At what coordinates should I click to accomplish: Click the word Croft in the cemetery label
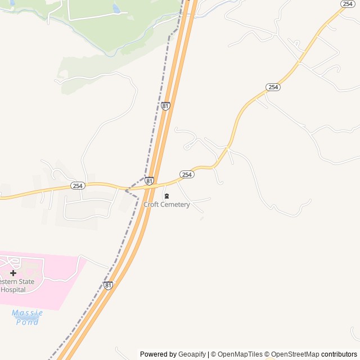click(x=151, y=205)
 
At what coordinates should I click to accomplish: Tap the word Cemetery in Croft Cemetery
click(x=175, y=205)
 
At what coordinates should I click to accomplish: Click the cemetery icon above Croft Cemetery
click(x=166, y=196)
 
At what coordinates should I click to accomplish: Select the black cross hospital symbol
click(x=13, y=273)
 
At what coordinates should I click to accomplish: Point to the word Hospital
click(x=13, y=290)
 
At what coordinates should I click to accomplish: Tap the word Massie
click(x=27, y=312)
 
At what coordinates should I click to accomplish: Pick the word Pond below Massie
click(x=28, y=322)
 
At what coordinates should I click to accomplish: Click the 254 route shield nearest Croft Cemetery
click(x=187, y=175)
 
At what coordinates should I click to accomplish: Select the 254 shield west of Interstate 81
click(x=78, y=186)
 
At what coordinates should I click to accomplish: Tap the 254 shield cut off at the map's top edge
click(x=347, y=3)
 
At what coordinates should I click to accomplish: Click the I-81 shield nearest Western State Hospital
click(x=108, y=285)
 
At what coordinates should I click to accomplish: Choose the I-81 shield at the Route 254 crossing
click(x=148, y=181)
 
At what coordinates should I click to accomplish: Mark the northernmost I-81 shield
click(x=165, y=106)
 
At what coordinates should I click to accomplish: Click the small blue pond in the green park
click(x=116, y=8)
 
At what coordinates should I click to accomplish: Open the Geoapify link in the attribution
click(x=192, y=354)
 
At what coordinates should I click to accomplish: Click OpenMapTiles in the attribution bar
click(x=239, y=354)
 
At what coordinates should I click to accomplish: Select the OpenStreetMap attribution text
click(x=295, y=354)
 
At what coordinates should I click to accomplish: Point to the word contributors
click(x=339, y=354)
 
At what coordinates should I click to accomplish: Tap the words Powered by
click(x=158, y=354)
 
